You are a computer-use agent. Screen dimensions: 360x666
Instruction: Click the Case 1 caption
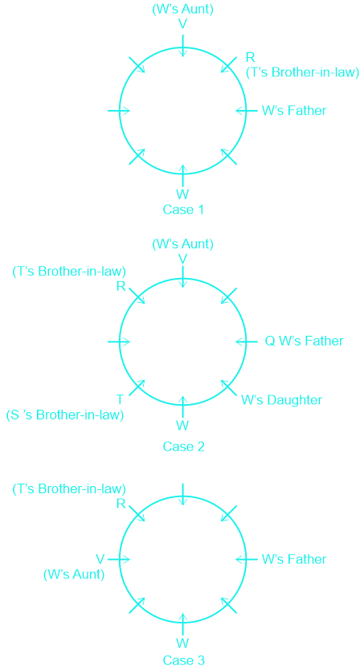click(x=183, y=210)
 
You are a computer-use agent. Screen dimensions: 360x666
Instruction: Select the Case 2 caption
click(x=183, y=446)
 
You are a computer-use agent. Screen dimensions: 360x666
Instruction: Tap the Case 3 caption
click(x=183, y=660)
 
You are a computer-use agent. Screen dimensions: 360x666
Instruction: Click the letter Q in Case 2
click(x=270, y=341)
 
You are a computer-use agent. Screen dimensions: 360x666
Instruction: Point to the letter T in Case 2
click(x=120, y=399)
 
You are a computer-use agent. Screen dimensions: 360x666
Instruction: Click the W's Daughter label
click(x=282, y=400)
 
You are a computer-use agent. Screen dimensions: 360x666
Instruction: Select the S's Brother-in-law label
click(x=65, y=415)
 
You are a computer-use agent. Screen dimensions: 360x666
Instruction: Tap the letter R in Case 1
click(x=251, y=57)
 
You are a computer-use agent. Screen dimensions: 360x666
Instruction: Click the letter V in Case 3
click(x=100, y=558)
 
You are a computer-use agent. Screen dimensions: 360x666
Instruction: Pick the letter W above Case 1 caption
click(x=182, y=194)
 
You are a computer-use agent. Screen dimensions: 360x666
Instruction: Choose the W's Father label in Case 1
click(x=294, y=110)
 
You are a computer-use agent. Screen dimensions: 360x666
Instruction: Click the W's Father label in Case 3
click(x=294, y=559)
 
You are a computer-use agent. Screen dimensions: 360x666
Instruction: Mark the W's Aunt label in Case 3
click(x=74, y=574)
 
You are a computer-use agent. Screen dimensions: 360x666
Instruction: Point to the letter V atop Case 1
click(x=182, y=24)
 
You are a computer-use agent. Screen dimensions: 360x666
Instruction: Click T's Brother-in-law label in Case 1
click(x=303, y=72)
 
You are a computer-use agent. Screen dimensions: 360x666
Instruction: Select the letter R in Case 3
click(x=121, y=504)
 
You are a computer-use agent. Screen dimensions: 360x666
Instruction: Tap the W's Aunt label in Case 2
click(x=182, y=244)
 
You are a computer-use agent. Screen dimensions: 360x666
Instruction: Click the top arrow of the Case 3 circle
click(x=182, y=494)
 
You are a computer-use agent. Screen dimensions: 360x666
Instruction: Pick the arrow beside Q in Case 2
click(x=247, y=341)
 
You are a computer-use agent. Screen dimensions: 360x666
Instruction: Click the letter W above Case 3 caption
click(x=182, y=643)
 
